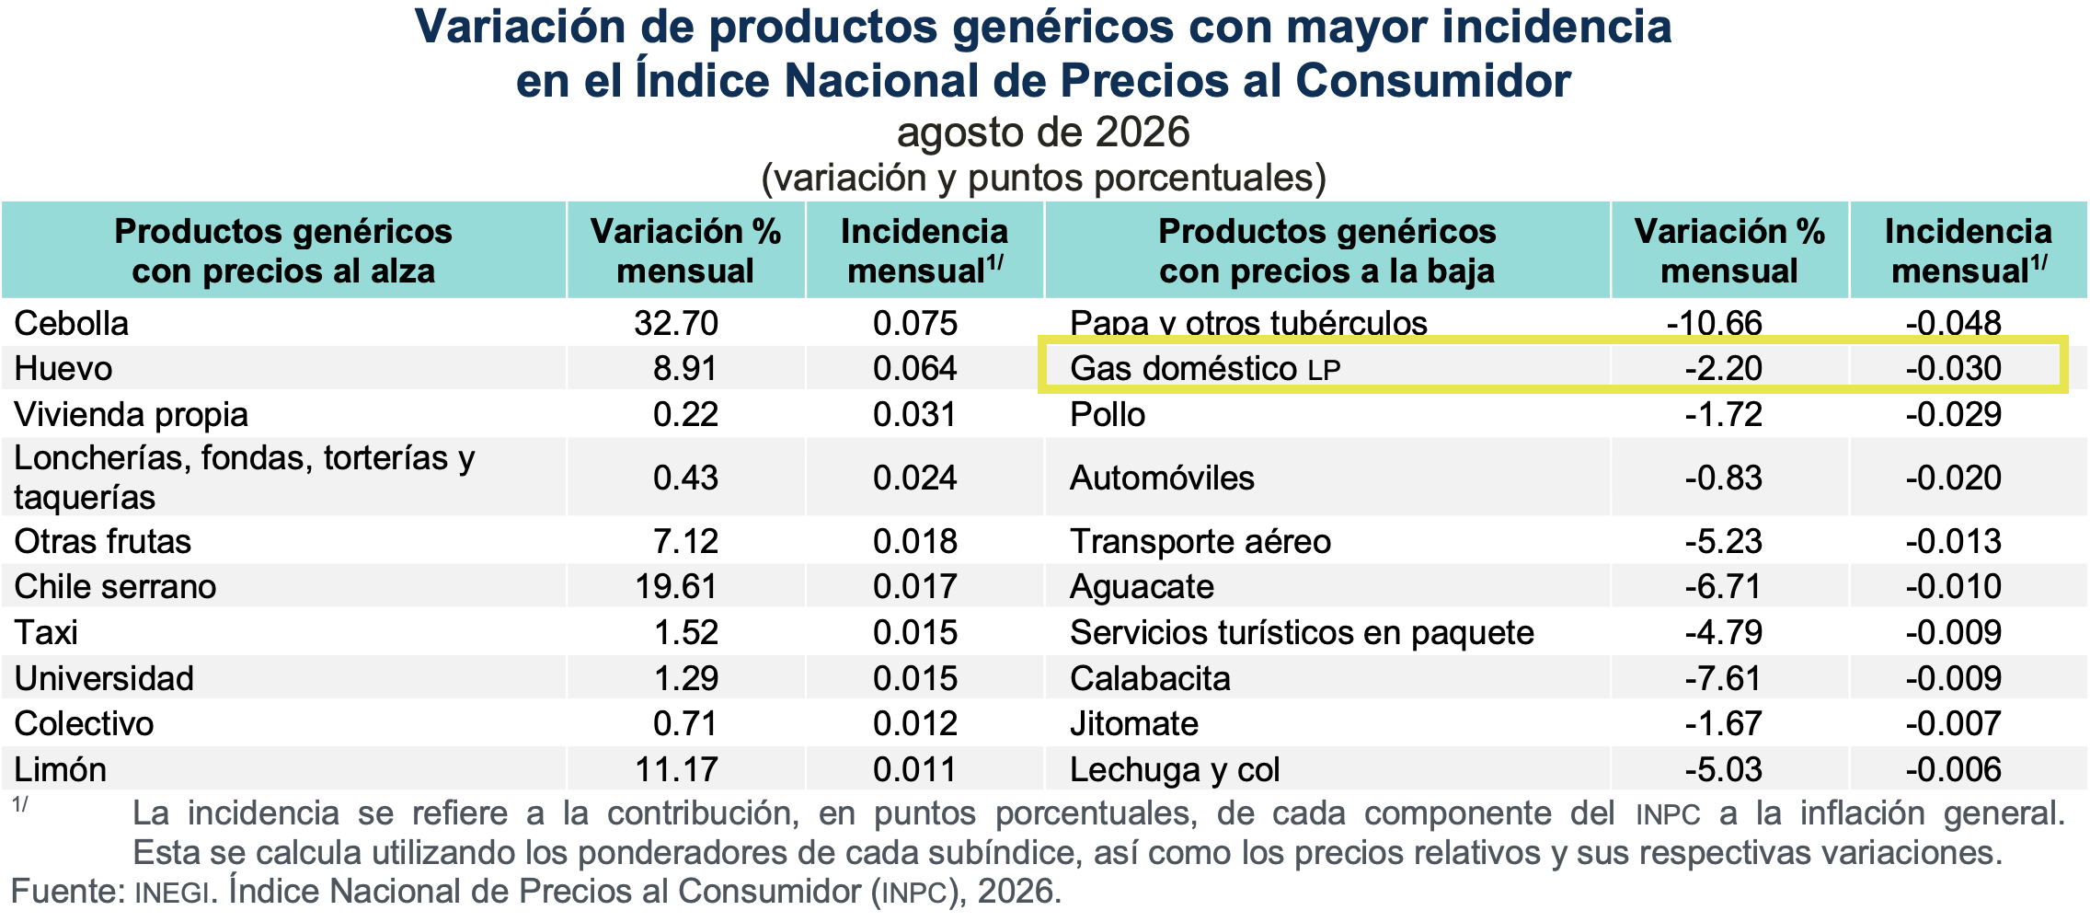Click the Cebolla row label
[72, 323]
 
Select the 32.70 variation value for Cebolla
[676, 323]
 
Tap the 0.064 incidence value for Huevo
[915, 368]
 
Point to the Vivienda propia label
[132, 414]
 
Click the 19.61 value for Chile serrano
[676, 586]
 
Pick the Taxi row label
[46, 632]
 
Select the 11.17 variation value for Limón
[676, 769]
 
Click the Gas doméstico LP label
[1205, 368]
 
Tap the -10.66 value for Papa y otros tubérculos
[1715, 323]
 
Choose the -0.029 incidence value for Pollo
[1953, 414]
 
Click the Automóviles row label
[1162, 478]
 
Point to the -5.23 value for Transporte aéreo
[1723, 541]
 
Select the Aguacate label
[1142, 587]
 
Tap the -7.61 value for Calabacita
[1723, 678]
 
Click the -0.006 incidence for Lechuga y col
[1953, 769]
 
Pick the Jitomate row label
[1134, 723]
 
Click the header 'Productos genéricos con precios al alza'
[283, 251]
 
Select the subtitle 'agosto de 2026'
[1044, 133]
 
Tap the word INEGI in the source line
[172, 893]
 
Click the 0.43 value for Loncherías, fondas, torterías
[685, 478]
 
